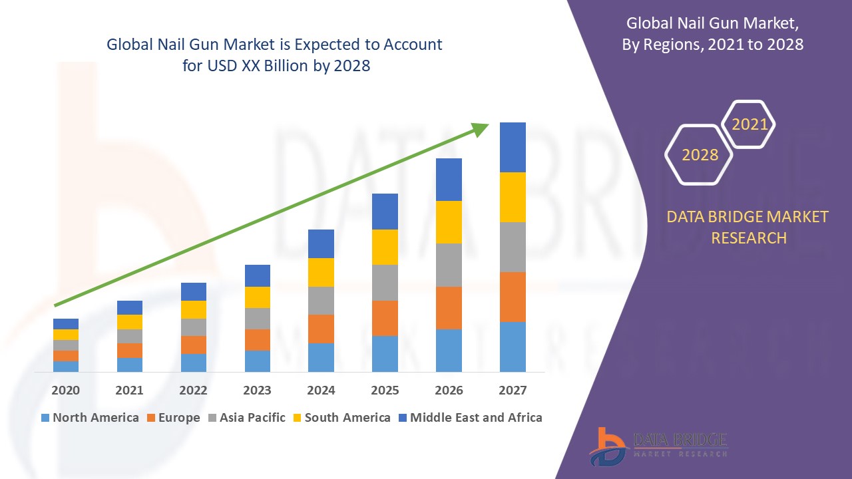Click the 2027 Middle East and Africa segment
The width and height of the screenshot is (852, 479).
513,147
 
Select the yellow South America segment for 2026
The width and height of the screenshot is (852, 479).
449,222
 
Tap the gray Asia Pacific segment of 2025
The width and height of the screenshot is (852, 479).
385,283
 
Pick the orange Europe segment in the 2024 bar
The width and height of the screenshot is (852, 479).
321,329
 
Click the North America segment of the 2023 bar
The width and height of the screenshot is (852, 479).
258,361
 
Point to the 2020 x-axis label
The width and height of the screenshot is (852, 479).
65,390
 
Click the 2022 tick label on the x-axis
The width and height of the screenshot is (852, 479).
194,390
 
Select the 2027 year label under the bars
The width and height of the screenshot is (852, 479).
513,390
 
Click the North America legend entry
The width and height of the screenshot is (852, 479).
90,418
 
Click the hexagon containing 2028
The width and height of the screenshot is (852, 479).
700,154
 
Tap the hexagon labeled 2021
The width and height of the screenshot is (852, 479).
749,124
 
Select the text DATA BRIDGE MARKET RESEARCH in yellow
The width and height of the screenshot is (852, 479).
748,227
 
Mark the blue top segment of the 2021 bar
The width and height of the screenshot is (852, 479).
130,307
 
